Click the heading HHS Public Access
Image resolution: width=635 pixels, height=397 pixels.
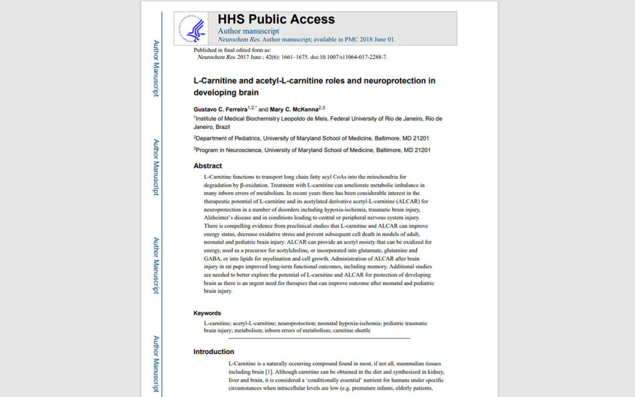[276, 19]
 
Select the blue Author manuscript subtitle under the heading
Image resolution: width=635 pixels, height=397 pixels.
[248, 31]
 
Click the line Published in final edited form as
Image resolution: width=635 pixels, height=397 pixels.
[232, 51]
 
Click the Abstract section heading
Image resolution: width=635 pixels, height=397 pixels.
[208, 166]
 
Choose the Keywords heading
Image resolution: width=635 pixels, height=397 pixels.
[207, 313]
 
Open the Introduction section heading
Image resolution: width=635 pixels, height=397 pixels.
[213, 352]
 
